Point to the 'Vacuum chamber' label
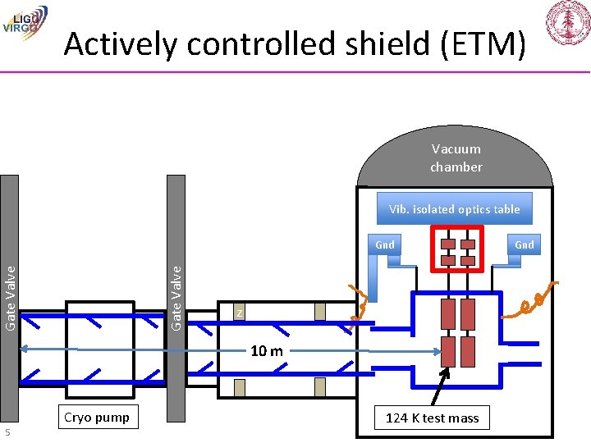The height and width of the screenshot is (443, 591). [x=456, y=158]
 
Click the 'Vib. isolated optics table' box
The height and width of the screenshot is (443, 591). [x=454, y=209]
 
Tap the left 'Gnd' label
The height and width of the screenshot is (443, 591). [x=384, y=244]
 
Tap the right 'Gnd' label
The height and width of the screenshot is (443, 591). [x=524, y=244]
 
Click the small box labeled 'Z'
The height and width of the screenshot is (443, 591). [x=238, y=313]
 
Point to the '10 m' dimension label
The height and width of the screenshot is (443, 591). [x=266, y=351]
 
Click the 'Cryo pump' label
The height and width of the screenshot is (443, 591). [x=96, y=417]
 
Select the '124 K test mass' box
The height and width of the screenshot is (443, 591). [x=433, y=418]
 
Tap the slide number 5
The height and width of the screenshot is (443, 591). [x=7, y=432]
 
